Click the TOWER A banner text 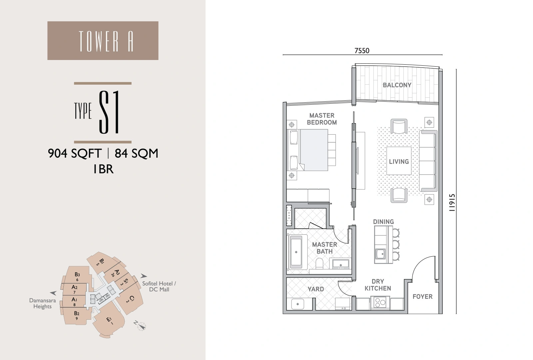pos(106,41)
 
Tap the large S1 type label pos(109,112)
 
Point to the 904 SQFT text pos(75,153)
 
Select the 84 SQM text pos(136,153)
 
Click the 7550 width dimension pos(362,51)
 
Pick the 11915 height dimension pos(452,203)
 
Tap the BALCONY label pos(397,85)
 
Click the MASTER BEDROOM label pos(322,119)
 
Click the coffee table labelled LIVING pos(399,161)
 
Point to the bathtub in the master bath pos(296,252)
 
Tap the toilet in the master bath pos(319,264)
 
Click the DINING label pos(383,222)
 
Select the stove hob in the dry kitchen pos(380,303)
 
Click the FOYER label pos(422,296)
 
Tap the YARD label pos(316,289)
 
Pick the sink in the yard pos(297,304)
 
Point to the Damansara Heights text pos(42,303)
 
